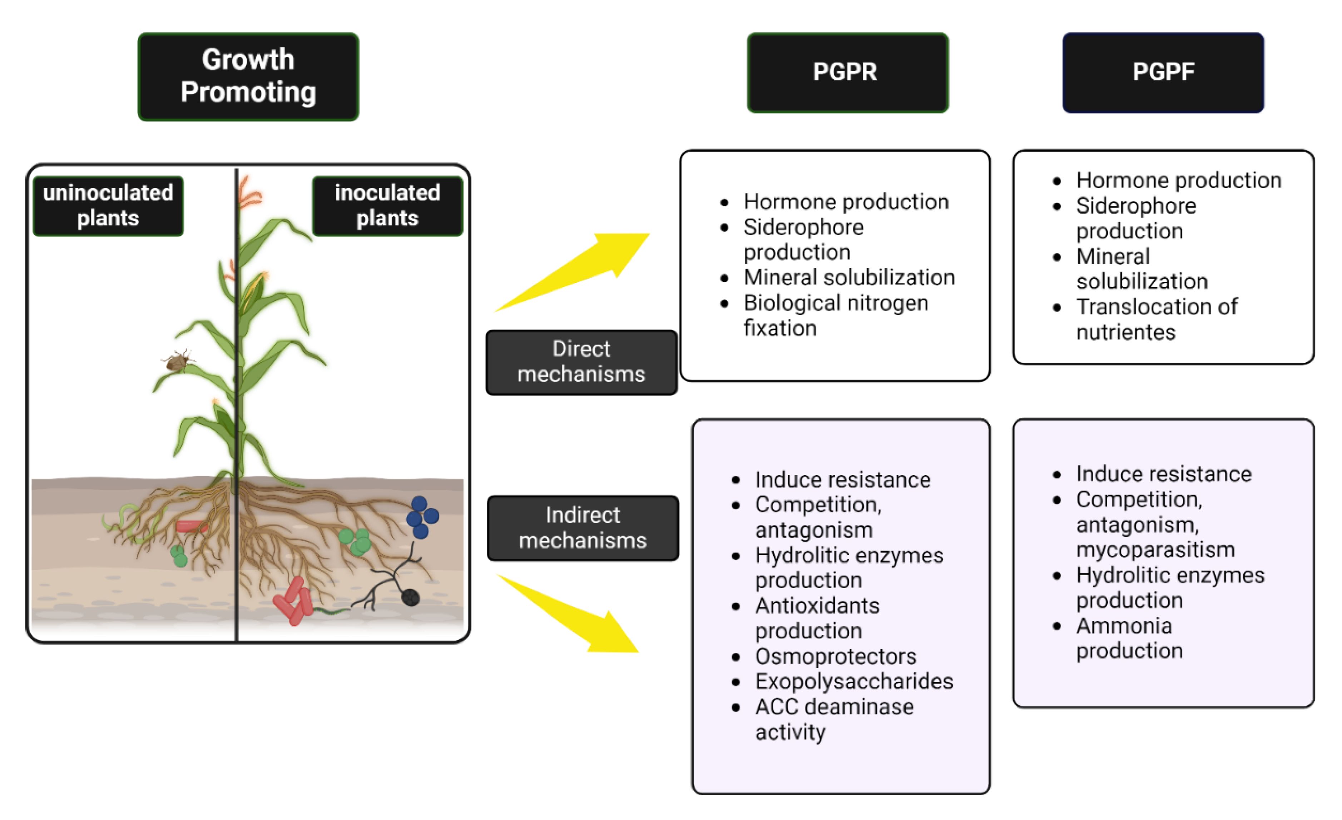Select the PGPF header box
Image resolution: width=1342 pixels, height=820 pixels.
[x=1163, y=73]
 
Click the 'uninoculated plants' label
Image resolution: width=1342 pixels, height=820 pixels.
[x=108, y=206]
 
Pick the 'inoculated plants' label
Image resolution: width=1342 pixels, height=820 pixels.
[x=387, y=206]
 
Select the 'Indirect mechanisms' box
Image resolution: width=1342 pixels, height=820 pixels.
[x=583, y=528]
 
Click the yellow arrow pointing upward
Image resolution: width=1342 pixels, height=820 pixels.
[x=572, y=272]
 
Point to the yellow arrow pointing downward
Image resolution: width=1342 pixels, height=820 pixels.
[x=568, y=613]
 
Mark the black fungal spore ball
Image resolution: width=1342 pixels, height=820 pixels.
[x=410, y=598]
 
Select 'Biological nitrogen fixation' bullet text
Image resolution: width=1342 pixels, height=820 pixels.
[x=836, y=315]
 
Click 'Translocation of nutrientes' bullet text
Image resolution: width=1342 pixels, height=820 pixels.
[x=1157, y=319]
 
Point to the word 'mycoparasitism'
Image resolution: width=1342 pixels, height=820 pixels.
[x=1155, y=550]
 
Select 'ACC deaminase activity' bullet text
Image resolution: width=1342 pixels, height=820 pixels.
[x=835, y=719]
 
